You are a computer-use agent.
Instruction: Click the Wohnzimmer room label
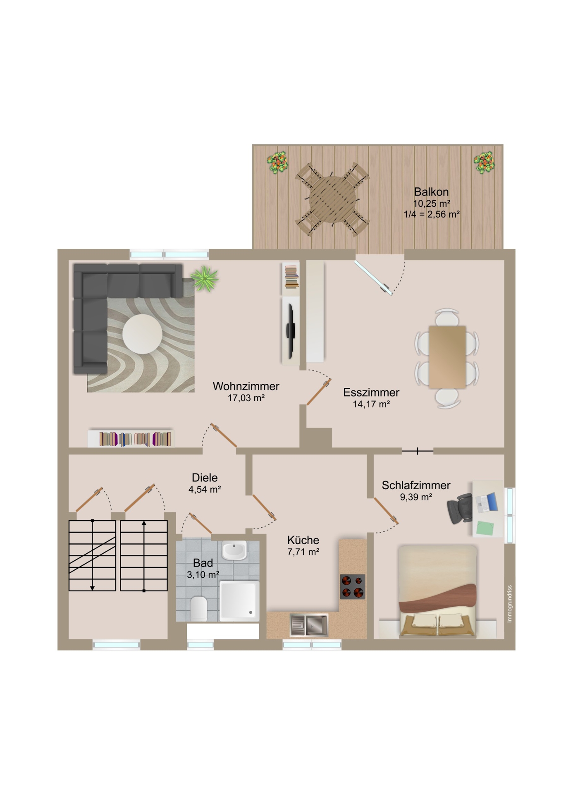pos(246,386)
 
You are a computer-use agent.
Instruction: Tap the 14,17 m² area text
pos(371,404)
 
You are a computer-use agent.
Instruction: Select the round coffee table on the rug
pos(142,334)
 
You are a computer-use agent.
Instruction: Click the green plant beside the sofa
pos(205,278)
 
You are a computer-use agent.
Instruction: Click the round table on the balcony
pos(333,199)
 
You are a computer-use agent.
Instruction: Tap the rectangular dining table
pos(447,357)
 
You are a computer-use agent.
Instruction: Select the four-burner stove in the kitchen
pos(353,587)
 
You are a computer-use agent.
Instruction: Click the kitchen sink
pos(309,625)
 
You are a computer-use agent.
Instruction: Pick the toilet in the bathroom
pos(199,608)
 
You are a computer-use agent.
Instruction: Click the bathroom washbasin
pos(234,550)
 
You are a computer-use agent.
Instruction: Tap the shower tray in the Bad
pos(239,601)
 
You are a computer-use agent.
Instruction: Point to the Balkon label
pos(431,192)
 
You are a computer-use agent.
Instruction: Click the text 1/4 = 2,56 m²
pos(432,214)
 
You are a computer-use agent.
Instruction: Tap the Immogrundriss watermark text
pos(510,603)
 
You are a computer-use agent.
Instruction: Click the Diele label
pos(205,478)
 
